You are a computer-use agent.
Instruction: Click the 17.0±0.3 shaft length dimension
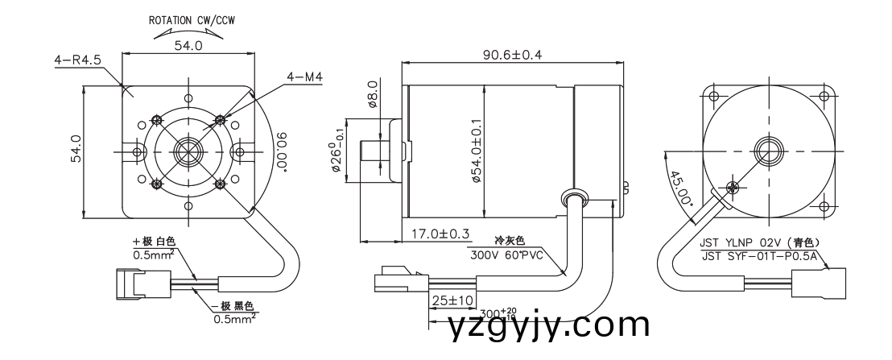440,234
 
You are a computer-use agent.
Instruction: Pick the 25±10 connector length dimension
450,300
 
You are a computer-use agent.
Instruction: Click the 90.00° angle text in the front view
280,151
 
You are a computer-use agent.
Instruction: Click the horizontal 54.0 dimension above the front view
188,47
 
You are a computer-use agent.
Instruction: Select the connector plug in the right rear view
821,284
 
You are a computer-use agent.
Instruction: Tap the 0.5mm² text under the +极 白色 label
155,255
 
